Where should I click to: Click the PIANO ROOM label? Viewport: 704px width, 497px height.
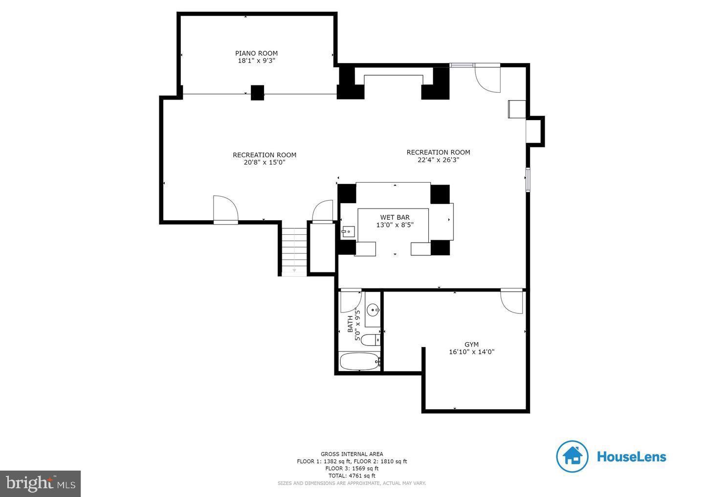click(x=256, y=53)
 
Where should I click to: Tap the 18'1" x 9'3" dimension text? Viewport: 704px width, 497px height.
click(x=256, y=61)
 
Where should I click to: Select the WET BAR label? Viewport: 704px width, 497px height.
click(x=395, y=217)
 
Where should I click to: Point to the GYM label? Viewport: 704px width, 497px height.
click(x=471, y=344)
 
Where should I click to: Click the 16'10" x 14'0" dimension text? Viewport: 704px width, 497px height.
click(x=471, y=352)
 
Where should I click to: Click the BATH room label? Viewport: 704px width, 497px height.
click(x=350, y=324)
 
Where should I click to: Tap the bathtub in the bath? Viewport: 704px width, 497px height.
click(x=359, y=361)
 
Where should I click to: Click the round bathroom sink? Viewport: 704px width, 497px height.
click(x=373, y=309)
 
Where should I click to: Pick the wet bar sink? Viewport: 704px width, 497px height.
click(x=348, y=231)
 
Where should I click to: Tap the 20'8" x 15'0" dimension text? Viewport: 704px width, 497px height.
click(x=264, y=163)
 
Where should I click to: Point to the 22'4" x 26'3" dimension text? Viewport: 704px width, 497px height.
click(x=438, y=160)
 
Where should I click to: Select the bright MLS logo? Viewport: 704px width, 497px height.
click(x=40, y=483)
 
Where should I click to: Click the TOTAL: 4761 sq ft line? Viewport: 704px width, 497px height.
click(x=352, y=476)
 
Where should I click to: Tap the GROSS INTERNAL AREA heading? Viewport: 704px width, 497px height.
click(x=352, y=454)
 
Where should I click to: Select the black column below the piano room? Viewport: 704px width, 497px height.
click(x=257, y=93)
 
